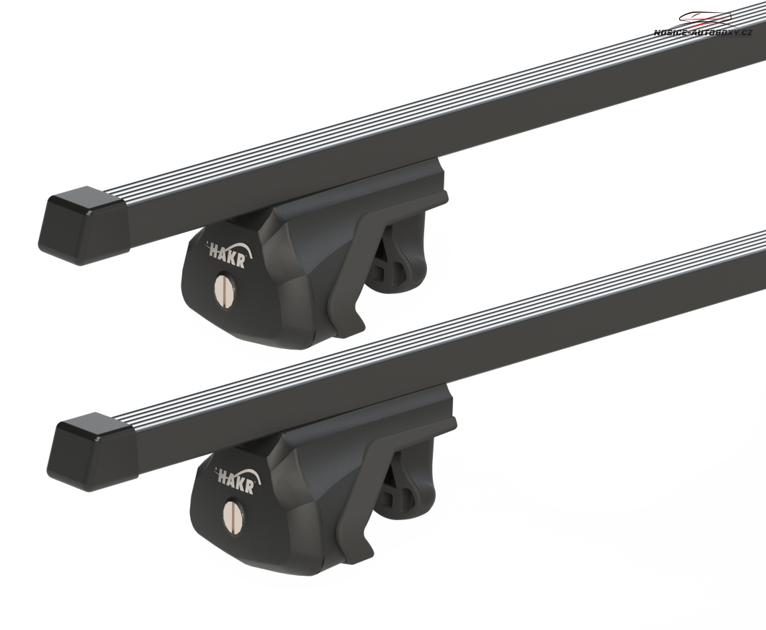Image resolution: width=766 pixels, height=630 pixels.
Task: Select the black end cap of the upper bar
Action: click(x=83, y=224)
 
